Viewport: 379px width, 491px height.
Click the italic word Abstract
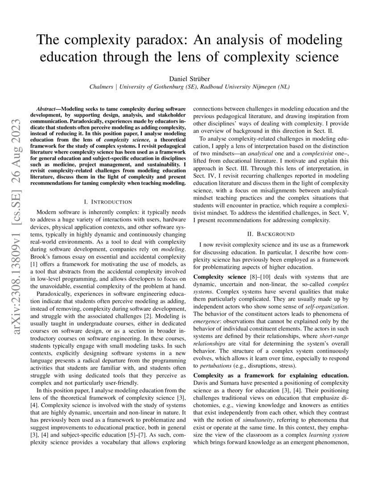pos(47,109)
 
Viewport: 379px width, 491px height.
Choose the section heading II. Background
pos(271,233)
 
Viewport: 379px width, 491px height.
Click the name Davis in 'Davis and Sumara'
pos(202,383)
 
